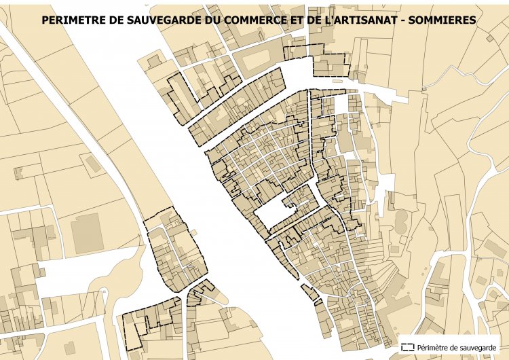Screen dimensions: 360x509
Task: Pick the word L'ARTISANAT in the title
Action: (x=360, y=21)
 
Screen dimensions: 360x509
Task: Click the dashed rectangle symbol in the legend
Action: (x=407, y=346)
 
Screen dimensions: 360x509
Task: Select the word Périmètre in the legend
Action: (x=436, y=346)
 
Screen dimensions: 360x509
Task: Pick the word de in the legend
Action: (x=458, y=346)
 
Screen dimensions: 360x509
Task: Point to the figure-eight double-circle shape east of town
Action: (x=401, y=219)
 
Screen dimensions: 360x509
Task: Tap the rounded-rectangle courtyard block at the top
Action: (x=256, y=58)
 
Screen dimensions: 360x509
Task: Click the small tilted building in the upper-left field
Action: (x=90, y=163)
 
